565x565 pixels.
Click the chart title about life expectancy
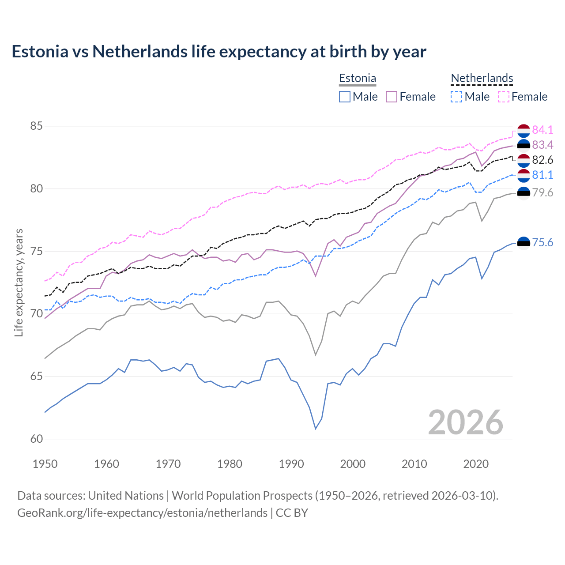219,52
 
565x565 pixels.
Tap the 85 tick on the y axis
36,126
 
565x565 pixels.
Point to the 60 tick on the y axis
36,439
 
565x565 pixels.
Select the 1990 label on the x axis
291,464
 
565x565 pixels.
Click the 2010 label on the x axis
414,464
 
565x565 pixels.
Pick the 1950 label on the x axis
45,464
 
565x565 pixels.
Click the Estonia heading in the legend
358,79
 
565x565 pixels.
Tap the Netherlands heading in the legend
482,79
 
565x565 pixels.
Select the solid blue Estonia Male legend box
345,97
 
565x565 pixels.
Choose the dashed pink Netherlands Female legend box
504,97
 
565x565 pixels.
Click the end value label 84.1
542,130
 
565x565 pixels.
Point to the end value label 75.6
542,242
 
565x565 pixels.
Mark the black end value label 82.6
542,160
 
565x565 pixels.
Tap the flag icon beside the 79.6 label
524,192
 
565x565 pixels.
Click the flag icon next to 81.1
524,175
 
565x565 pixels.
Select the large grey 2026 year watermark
465,422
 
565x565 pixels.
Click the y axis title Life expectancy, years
19,282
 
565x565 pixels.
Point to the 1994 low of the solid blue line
316,429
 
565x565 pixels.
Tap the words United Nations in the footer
126,496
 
